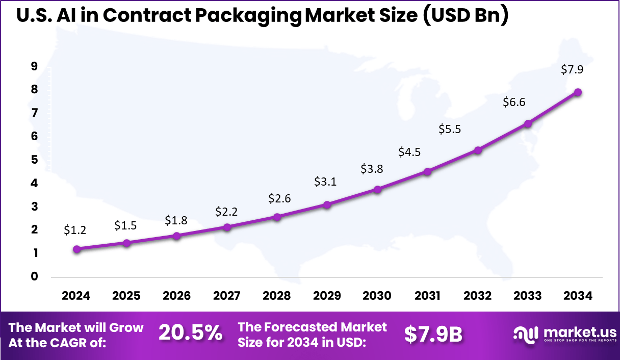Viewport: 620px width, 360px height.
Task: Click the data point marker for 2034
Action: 578,92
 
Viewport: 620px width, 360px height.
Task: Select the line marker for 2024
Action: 76,249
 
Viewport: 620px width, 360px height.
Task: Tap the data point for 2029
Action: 327,204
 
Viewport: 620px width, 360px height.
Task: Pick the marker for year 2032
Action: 478,150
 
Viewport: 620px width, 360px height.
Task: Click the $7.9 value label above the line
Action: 572,70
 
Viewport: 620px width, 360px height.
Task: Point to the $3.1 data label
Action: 325,182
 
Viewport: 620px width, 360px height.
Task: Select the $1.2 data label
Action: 75,230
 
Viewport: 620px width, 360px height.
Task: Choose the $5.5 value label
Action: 450,130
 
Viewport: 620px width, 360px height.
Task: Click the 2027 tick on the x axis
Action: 227,296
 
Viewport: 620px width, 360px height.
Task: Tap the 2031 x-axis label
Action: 427,296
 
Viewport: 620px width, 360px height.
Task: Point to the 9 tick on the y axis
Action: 34,66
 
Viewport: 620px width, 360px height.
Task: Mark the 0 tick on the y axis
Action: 34,277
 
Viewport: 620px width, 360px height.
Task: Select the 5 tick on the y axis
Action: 34,160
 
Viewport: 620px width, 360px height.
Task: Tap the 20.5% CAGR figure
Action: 190,333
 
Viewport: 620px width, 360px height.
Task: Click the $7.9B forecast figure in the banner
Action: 433,335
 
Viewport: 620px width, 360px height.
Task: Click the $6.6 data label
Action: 514,102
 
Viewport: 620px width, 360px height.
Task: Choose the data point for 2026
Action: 177,236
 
